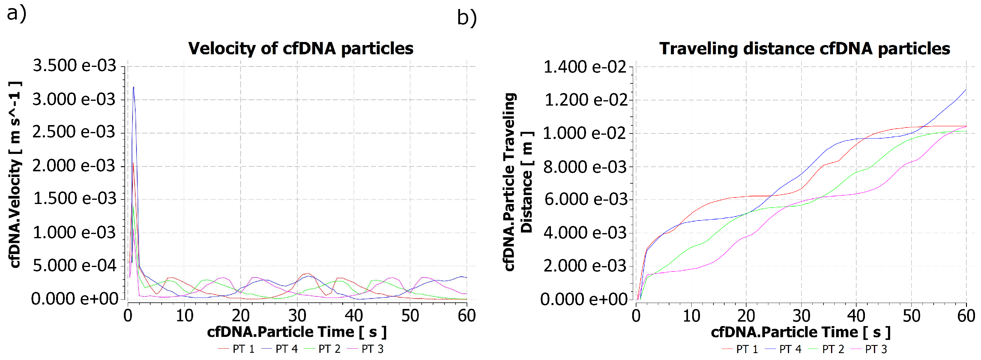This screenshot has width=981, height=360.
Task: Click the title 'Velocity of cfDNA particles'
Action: point(301,48)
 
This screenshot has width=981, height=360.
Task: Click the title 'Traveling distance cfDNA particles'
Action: point(804,48)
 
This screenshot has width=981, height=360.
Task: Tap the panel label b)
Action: point(467,18)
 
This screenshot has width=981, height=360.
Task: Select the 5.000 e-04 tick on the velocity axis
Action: point(74,265)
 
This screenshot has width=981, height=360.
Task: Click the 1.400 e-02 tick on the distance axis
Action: point(585,67)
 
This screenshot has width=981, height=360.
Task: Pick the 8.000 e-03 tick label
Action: point(585,167)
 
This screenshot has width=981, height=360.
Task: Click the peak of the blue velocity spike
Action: point(133,87)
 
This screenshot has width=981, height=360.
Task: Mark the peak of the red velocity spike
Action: point(133,163)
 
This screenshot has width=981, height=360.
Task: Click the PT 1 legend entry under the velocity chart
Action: point(237,349)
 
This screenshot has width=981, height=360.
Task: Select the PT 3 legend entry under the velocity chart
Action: point(365,349)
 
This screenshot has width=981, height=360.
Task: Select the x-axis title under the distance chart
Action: point(800,332)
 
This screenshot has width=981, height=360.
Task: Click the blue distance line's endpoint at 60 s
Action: point(966,89)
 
